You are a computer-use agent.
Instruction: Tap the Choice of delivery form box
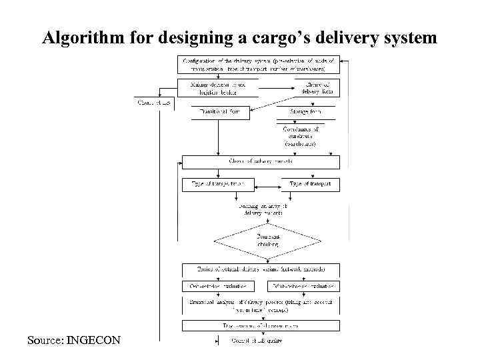click(x=317, y=87)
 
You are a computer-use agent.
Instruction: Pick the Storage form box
click(x=305, y=112)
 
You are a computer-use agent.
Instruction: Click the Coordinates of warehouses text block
click(x=301, y=136)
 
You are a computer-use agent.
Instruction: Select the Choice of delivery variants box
click(x=261, y=161)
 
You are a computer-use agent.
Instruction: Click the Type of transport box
click(x=310, y=183)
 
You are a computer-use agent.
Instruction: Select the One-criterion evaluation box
click(x=214, y=286)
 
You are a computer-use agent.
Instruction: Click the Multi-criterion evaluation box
click(x=304, y=286)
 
